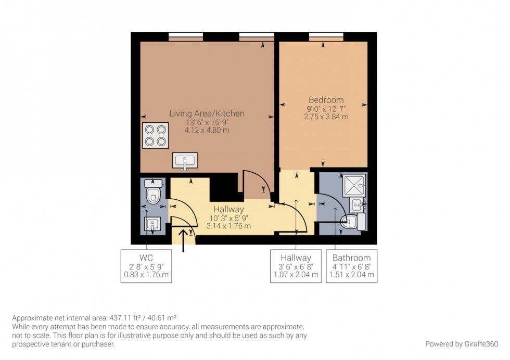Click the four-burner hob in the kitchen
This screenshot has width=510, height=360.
pos(156,135)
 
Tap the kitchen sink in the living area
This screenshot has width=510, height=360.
pos(185,161)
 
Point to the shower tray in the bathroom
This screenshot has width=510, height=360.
pos(355,185)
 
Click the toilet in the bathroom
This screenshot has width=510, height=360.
pos(354,222)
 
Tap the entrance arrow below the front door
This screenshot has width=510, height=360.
pos(183,240)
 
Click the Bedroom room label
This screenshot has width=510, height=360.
pos(326,100)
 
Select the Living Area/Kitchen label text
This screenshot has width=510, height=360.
pos(207,113)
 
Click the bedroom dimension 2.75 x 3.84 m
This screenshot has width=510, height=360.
pos(326,117)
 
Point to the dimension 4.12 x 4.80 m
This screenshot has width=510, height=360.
pos(207,130)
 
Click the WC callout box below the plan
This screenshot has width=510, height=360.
pos(146,266)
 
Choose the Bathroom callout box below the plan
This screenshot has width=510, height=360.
pos(352,266)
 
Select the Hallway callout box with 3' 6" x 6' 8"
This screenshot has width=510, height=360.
pos(296,266)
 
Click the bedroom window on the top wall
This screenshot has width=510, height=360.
pos(326,36)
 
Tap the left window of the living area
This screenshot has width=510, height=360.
pos(185,36)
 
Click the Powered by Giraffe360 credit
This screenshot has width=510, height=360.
pos(462,344)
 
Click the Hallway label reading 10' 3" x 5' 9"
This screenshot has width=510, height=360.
pos(229,218)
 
